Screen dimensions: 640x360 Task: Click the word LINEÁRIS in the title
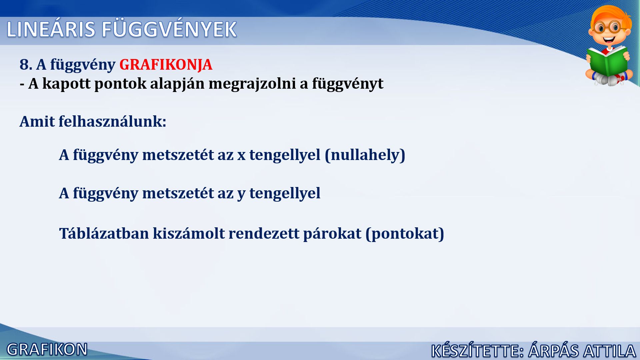pos(51,29)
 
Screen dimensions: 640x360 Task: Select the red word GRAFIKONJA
pos(166,64)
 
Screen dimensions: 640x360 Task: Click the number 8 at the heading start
pos(24,64)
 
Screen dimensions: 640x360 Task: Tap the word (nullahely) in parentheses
pos(365,155)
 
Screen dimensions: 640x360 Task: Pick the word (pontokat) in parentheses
pos(405,234)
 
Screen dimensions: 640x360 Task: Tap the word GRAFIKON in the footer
pos(47,350)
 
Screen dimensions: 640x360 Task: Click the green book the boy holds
pos(607,62)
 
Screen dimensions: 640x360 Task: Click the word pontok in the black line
pos(120,84)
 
